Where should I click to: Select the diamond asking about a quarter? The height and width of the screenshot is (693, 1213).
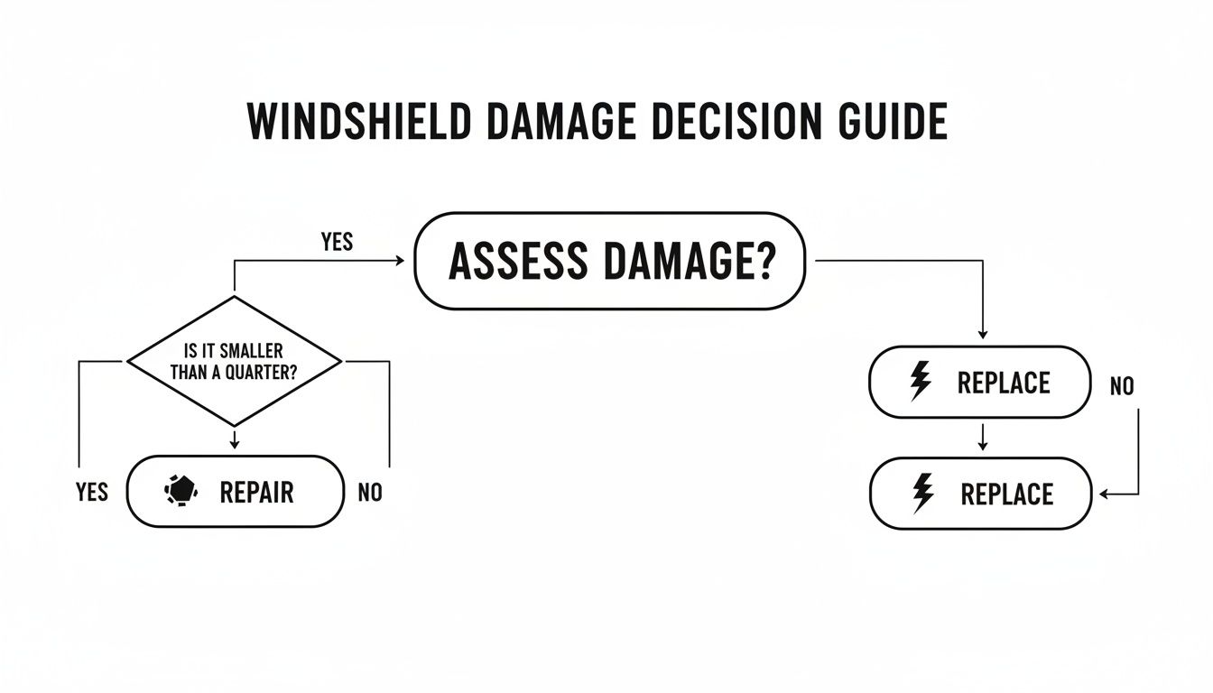coord(235,362)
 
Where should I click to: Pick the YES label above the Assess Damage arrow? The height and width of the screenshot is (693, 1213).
coord(337,243)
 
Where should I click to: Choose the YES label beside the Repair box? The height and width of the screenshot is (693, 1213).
coord(93,493)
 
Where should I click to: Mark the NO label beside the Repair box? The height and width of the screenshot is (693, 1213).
coord(370,493)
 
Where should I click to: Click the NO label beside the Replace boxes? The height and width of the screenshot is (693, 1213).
coord(1121,387)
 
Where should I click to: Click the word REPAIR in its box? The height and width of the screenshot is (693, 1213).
coord(256,493)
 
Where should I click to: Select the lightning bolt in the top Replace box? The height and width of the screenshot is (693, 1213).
coord(920,383)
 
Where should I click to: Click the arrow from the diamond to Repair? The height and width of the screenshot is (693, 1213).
coord(235,439)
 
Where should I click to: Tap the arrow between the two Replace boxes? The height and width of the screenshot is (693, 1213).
coord(983,438)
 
